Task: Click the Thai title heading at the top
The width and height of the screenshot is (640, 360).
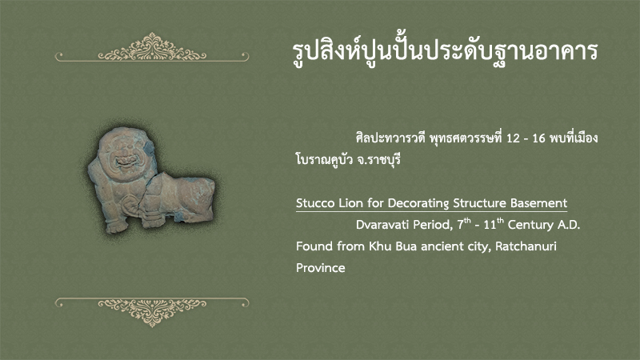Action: coord(446,51)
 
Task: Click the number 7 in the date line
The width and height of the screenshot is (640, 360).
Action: coord(460,225)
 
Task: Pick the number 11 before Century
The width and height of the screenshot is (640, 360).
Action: coord(489,225)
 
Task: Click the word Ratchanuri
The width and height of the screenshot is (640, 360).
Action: coord(526,246)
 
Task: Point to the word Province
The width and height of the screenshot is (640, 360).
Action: coord(321,268)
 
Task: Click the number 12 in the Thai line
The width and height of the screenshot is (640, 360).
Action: coord(513,138)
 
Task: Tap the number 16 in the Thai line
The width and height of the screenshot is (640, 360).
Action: coord(538,138)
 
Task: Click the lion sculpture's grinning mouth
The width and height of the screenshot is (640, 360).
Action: coord(126,162)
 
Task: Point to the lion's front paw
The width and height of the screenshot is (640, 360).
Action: coord(115,226)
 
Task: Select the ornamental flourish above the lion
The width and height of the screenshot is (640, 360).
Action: coord(152,48)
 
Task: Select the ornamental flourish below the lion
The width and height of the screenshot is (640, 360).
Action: coord(152,311)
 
